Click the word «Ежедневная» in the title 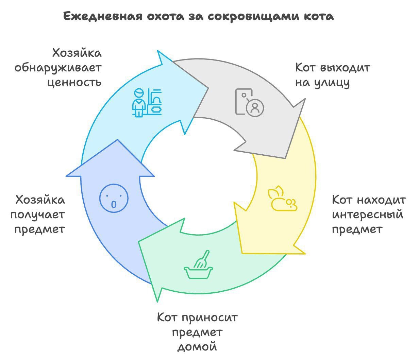[x=103, y=16]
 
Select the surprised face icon [x=114, y=198]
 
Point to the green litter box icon [x=198, y=264]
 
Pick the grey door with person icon [x=250, y=103]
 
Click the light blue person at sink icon [x=147, y=103]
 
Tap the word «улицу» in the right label [x=332, y=83]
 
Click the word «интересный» [x=368, y=215]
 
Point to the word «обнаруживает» [x=58, y=68]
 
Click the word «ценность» [x=74, y=83]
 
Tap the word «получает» [x=38, y=215]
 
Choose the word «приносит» [x=209, y=318]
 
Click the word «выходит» [x=345, y=68]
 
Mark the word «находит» [x=381, y=200]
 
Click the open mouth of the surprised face [x=114, y=204]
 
